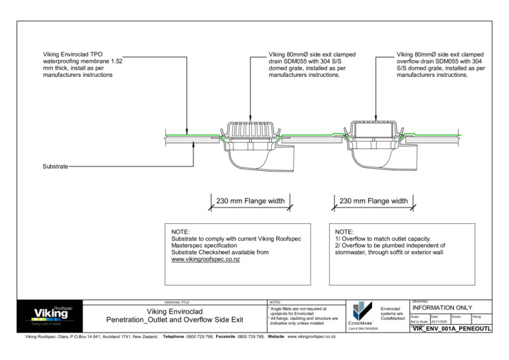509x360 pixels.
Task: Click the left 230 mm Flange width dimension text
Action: tap(251, 201)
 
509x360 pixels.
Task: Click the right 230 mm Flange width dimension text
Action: tap(373, 201)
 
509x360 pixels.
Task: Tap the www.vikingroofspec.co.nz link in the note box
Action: tap(207, 260)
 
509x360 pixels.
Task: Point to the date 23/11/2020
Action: tap(439, 321)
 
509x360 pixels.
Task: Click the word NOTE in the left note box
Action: tap(181, 232)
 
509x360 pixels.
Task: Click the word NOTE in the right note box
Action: tap(344, 232)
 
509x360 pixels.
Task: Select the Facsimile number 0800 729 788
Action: tap(250, 337)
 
